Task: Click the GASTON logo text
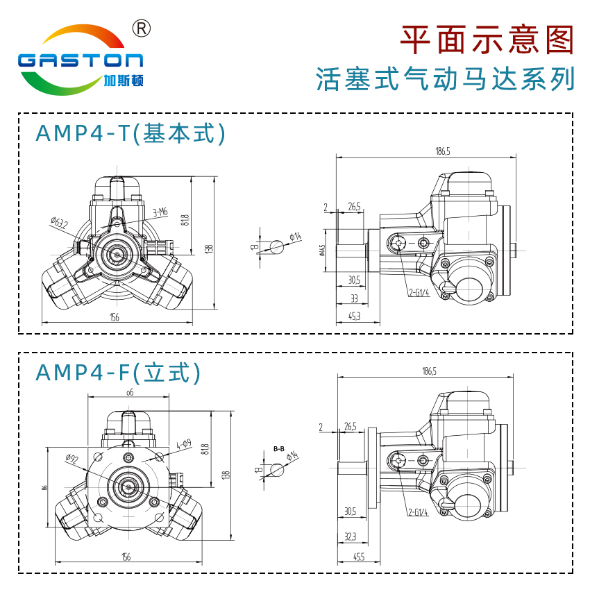click(x=80, y=60)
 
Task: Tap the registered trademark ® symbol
click(x=141, y=28)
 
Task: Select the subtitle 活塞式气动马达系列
click(x=445, y=79)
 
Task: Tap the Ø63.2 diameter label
click(x=59, y=223)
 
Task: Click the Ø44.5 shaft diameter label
click(x=323, y=250)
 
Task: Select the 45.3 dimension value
click(x=353, y=316)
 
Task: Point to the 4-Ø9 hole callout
click(x=183, y=443)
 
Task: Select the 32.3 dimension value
click(x=351, y=536)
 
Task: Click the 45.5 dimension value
click(x=359, y=557)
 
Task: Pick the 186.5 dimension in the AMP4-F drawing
click(x=428, y=372)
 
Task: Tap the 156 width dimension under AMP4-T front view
click(x=115, y=317)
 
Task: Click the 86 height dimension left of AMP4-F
click(x=44, y=488)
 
